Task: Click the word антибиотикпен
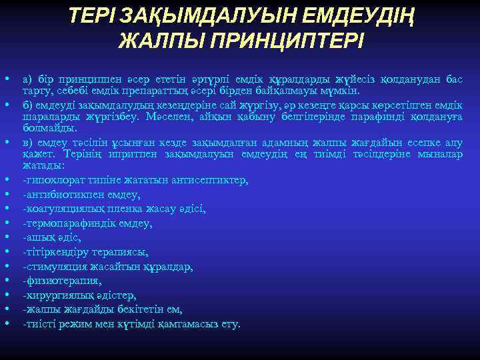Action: pyautogui.click(x=57, y=195)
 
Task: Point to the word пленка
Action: pyautogui.click(x=127, y=208)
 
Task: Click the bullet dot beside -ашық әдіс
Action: pyautogui.click(x=6, y=237)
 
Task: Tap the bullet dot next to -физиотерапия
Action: pyautogui.click(x=6, y=280)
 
